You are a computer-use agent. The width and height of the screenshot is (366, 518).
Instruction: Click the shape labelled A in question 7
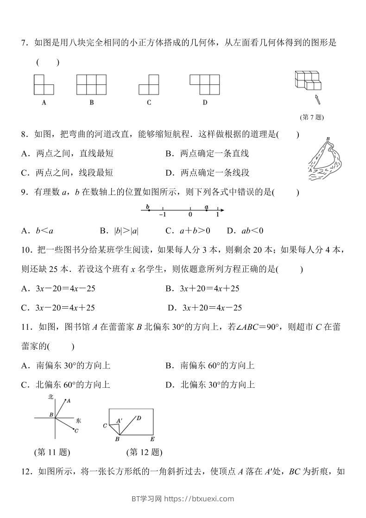[x=44, y=85]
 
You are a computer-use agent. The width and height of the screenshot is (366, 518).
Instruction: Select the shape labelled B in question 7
[x=92, y=85]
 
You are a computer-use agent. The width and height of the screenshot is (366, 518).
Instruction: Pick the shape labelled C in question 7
[x=148, y=85]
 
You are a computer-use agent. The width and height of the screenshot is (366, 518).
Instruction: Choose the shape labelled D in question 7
[x=204, y=85]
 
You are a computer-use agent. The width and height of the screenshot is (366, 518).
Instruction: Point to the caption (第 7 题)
[x=312, y=117]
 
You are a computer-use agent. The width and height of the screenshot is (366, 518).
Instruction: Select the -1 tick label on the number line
[x=162, y=215]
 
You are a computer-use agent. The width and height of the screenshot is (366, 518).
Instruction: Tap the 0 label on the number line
[x=190, y=215]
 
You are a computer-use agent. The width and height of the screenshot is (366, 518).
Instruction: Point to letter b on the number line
[x=147, y=206]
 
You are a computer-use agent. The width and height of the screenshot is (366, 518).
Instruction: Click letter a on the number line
[x=207, y=207]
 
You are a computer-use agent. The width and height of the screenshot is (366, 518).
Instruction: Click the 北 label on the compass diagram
[x=50, y=397]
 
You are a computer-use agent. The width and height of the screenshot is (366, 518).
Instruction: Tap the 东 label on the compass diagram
[x=78, y=420]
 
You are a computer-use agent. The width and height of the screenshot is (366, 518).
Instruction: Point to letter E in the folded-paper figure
[x=152, y=439]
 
